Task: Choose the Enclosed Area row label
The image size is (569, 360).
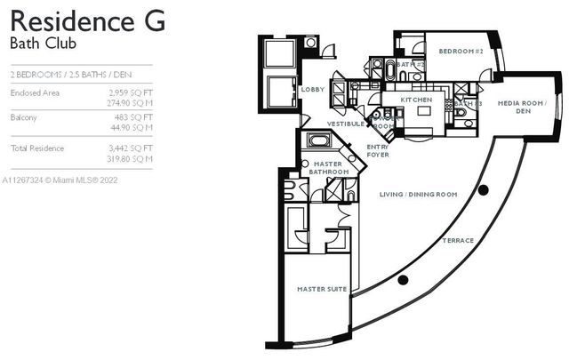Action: (35, 92)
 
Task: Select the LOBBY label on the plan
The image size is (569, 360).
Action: (313, 89)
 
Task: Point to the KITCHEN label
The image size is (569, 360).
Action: (415, 100)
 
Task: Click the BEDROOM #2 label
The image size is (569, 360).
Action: (461, 52)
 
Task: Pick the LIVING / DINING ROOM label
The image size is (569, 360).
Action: (418, 194)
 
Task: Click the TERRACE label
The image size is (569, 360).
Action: (459, 241)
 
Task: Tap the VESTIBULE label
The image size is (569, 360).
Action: (345, 124)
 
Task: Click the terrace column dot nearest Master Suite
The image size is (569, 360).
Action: (403, 280)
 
